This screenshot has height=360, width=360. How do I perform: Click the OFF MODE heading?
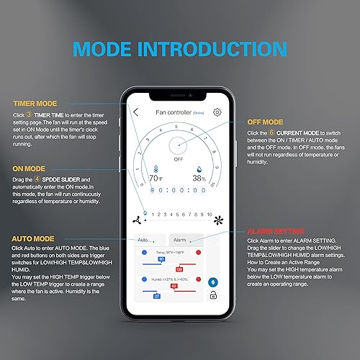pos(265,122)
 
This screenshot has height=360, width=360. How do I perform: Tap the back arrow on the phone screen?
pos(136,112)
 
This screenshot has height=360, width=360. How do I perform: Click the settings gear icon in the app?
pos(217,112)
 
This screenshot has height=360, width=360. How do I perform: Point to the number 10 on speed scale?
pos(210,214)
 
